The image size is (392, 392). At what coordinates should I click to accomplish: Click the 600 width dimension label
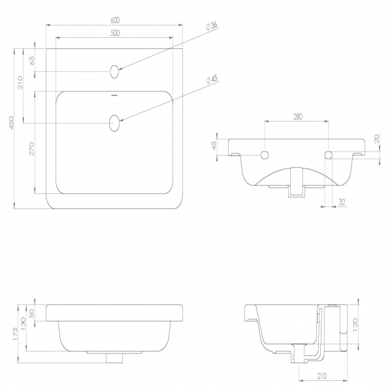tap(115, 20)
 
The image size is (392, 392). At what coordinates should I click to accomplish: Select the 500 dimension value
tap(115, 33)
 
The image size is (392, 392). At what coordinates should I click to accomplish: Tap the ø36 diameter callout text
tap(212, 26)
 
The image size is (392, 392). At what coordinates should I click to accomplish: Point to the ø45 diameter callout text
tap(212, 79)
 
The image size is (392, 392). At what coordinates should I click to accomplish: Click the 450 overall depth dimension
tap(11, 123)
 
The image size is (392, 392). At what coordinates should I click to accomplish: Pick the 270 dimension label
tap(31, 149)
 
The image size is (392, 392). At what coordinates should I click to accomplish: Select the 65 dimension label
tap(32, 61)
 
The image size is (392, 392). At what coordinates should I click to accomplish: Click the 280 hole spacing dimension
tap(297, 116)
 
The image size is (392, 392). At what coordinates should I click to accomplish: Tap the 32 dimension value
tap(342, 202)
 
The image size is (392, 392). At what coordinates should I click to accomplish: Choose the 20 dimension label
tap(376, 139)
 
